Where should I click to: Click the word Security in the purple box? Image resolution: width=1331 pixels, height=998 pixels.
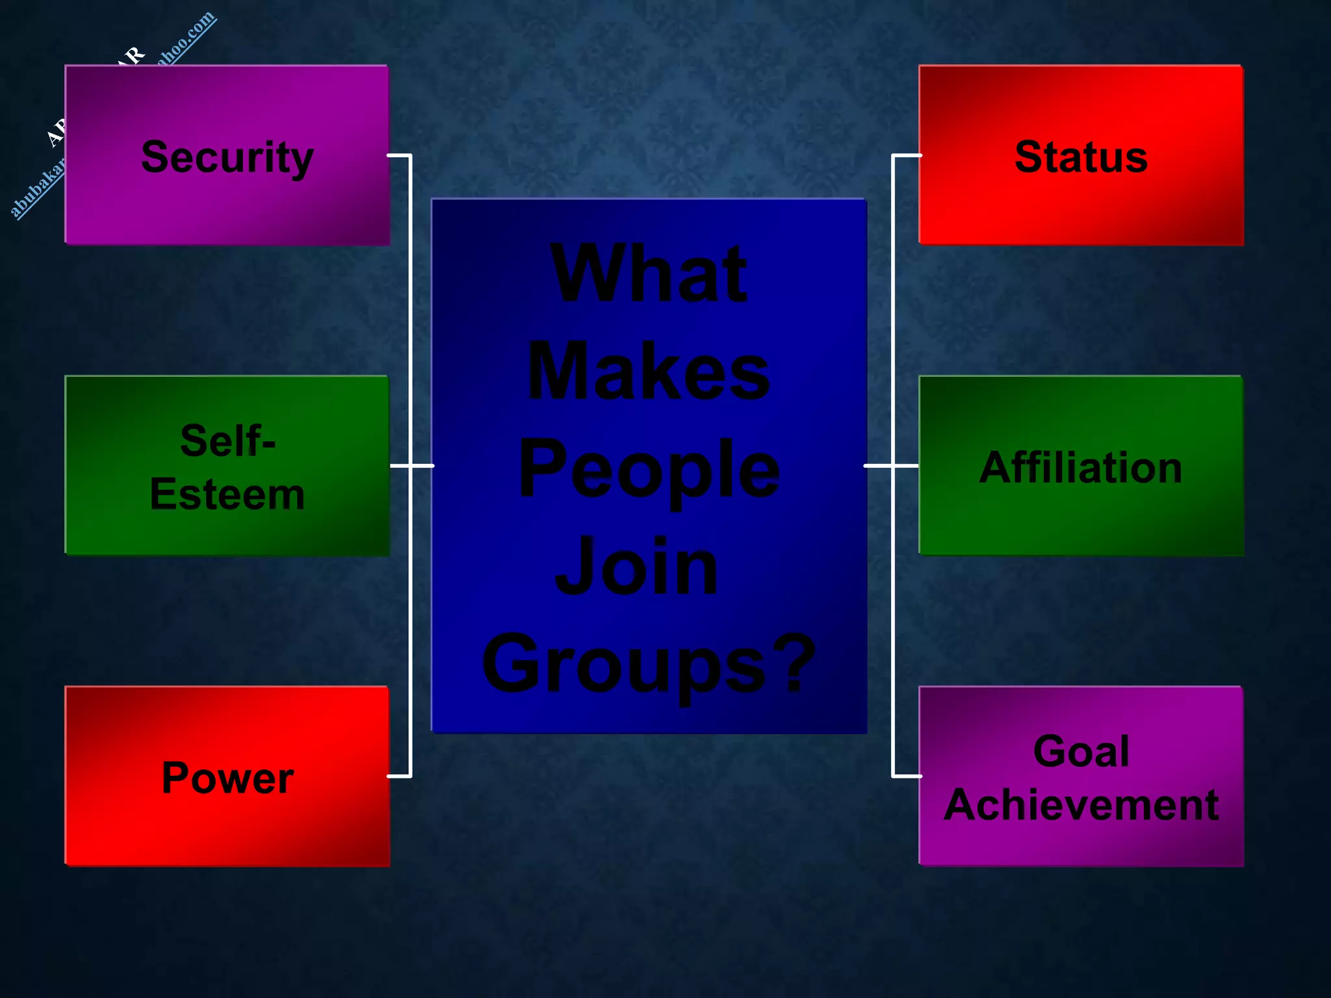[227, 158]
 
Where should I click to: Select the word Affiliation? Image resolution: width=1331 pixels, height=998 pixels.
[1080, 467]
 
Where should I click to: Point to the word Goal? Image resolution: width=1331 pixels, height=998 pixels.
[1081, 751]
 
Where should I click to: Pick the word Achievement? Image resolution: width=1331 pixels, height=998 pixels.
[1081, 805]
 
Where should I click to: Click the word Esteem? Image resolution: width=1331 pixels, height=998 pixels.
[227, 494]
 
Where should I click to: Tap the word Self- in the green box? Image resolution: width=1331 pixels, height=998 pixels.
[227, 441]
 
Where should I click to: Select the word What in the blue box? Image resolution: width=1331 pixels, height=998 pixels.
[649, 274]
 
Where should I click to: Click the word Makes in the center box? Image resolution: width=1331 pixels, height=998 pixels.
[649, 372]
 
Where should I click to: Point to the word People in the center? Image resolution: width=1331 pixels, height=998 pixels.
[649, 470]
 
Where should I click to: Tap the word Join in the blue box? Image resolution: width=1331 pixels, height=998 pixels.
[637, 567]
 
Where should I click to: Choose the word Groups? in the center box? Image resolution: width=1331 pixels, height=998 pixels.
[649, 665]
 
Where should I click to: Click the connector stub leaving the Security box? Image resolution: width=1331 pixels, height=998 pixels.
[399, 155]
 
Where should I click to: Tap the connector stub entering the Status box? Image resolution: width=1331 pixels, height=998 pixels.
[907, 155]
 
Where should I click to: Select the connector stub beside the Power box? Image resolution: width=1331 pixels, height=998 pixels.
[399, 776]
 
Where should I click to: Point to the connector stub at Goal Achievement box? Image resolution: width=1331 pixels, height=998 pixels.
[907, 776]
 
